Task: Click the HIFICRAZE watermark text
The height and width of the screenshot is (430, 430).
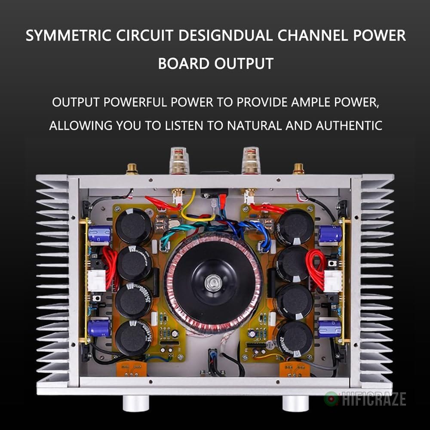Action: [372, 399]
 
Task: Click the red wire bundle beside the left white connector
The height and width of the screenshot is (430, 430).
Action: [110, 269]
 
